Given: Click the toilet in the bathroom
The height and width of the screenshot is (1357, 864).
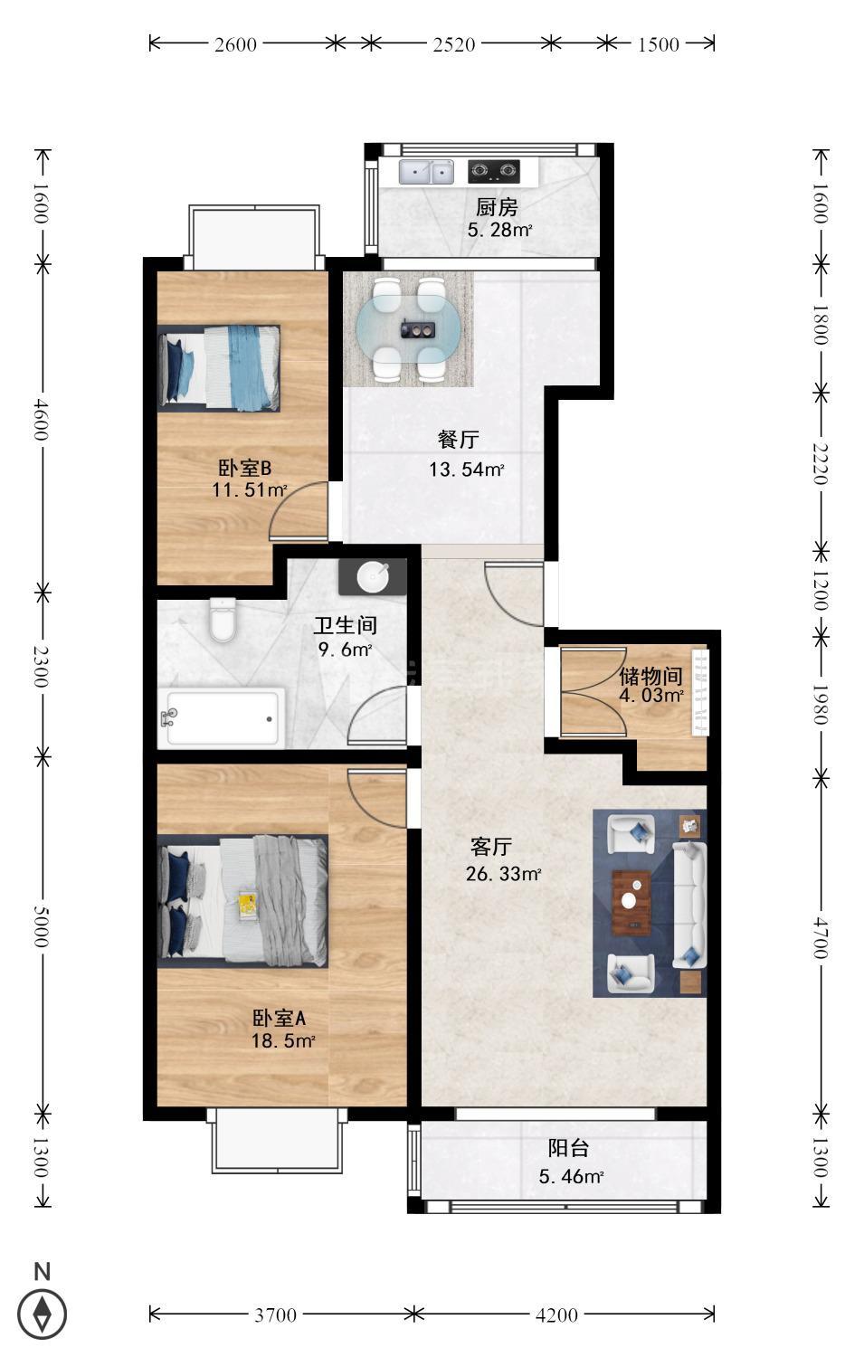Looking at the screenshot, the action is coord(223,620).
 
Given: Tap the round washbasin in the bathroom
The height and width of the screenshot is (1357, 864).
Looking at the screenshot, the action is coord(373,577).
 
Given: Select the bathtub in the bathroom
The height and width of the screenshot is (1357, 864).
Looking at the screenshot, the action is coord(221,718).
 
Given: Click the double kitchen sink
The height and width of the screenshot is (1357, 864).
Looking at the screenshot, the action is coord(426,172).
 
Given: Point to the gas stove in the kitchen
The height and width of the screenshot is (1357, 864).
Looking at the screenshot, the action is coord(494,172).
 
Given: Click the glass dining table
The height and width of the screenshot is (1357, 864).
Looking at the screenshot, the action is coord(408,329).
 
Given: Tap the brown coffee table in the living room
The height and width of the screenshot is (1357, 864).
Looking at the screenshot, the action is coord(631,903).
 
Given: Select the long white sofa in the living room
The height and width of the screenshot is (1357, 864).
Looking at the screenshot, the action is coord(689,904).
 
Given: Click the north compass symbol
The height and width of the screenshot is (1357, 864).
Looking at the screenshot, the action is coord(42,1314).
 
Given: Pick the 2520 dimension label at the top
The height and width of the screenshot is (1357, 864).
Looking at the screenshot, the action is coord(454,45).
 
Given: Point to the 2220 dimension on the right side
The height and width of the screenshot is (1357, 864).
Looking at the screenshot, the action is coord(820,463).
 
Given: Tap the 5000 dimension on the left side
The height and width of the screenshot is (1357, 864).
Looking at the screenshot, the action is coord(42,926).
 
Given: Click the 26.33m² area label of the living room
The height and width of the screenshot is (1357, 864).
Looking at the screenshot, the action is coord(504,874).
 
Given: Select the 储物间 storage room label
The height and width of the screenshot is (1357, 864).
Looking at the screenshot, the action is coord(650,676).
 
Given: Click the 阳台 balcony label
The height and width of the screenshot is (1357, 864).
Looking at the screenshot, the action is coord(568,1148).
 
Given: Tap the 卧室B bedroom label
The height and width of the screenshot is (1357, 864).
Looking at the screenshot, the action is coord(245,468).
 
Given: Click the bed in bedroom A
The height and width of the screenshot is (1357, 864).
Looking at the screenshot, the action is coord(243,900).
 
